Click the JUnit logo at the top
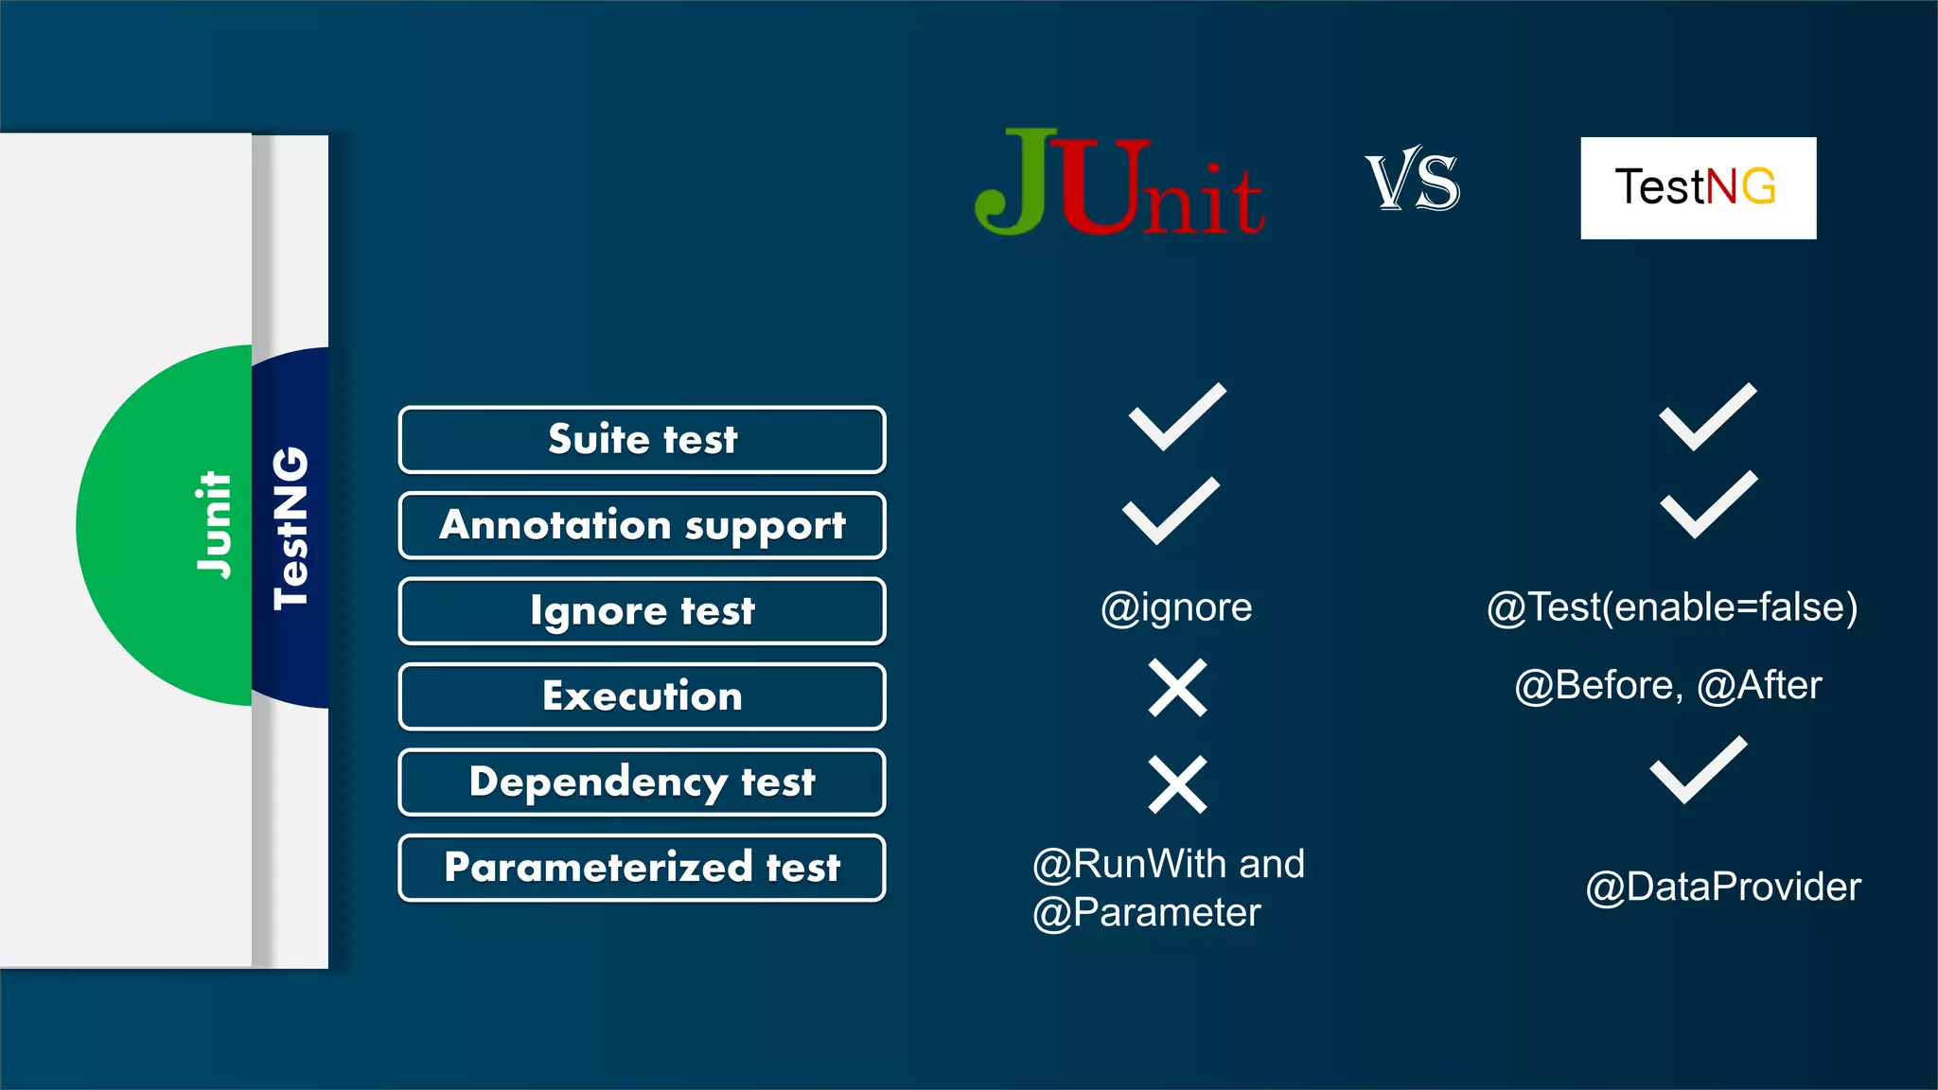pyautogui.click(x=1119, y=183)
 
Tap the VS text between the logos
pyautogui.click(x=1412, y=180)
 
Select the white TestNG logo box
pyautogui.click(x=1698, y=187)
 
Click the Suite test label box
pyautogui.click(x=642, y=440)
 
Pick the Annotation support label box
pyautogui.click(x=642, y=525)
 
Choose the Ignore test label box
pyautogui.click(x=642, y=611)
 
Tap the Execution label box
pyautogui.click(x=642, y=696)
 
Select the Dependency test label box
pyautogui.click(x=642, y=782)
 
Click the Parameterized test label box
pyautogui.click(x=642, y=868)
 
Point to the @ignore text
pyautogui.click(x=1176, y=607)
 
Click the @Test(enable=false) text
pyautogui.click(x=1672, y=607)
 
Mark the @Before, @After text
pyautogui.click(x=1667, y=685)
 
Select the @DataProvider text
pyautogui.click(x=1723, y=888)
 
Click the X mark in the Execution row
pyautogui.click(x=1177, y=688)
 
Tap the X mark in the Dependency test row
pyautogui.click(x=1177, y=784)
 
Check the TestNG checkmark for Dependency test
pyautogui.click(x=1698, y=771)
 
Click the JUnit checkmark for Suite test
pyautogui.click(x=1177, y=417)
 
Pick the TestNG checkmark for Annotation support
pyautogui.click(x=1708, y=505)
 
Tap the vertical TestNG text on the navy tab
pyautogui.click(x=291, y=527)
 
